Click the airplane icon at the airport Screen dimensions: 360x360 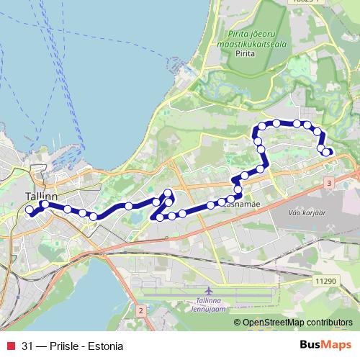(x=210, y=291)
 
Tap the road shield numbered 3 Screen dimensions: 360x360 (x=328, y=185)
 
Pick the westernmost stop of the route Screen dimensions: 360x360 (x=30, y=210)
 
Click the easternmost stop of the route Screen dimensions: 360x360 (x=327, y=152)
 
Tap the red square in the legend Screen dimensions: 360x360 (x=9, y=346)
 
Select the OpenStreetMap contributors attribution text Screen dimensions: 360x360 (x=298, y=322)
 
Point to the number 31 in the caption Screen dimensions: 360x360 (x=27, y=346)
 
